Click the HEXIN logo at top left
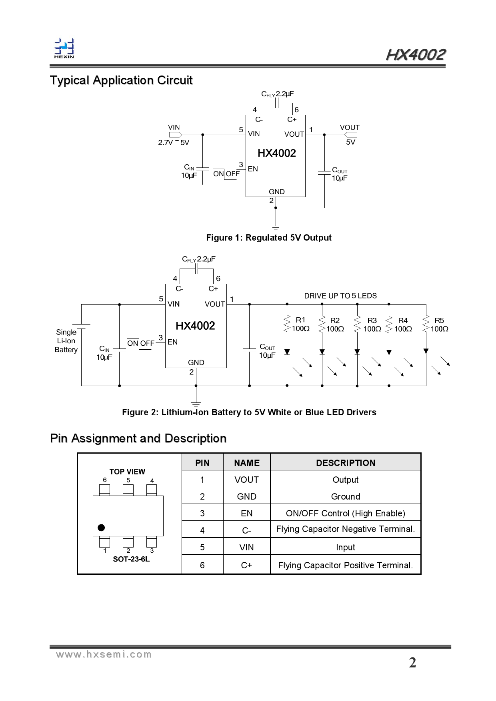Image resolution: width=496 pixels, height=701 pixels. tap(64, 48)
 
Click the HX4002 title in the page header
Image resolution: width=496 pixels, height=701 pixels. tap(416, 55)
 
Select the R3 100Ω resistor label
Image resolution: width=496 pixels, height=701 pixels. tap(372, 325)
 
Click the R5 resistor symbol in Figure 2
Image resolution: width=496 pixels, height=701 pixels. tap(426, 324)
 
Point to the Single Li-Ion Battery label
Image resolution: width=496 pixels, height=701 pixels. tap(66, 341)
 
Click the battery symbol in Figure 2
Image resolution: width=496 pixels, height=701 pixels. tap(82, 327)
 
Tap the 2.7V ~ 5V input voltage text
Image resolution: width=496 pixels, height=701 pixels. tap(174, 143)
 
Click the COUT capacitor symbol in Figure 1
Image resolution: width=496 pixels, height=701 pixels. tap(324, 173)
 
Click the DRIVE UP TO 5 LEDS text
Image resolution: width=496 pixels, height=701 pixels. tap(340, 296)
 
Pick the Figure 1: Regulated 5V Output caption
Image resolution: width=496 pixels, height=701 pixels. tap(269, 238)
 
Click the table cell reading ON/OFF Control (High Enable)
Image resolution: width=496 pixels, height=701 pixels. tap(345, 513)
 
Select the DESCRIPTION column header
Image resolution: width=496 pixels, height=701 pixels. tap(345, 463)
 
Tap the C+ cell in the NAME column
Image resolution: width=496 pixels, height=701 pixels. tap(246, 565)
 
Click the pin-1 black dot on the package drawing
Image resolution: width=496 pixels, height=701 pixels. tap(102, 528)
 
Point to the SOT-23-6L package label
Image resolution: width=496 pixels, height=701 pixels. tap(131, 559)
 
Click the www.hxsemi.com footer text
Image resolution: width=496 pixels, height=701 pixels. tap(104, 655)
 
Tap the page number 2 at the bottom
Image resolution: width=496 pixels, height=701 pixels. tap(412, 663)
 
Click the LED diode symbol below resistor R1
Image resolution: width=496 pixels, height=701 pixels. tap(287, 352)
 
